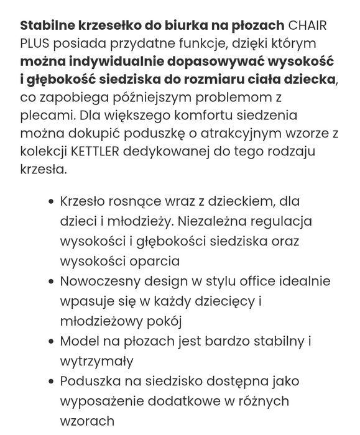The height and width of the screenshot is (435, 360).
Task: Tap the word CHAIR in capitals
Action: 308,26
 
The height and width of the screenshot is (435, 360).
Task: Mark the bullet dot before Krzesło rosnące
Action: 50,203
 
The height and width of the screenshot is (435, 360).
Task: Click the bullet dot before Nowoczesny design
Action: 50,282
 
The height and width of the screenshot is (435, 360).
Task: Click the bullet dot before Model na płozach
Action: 50,342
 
